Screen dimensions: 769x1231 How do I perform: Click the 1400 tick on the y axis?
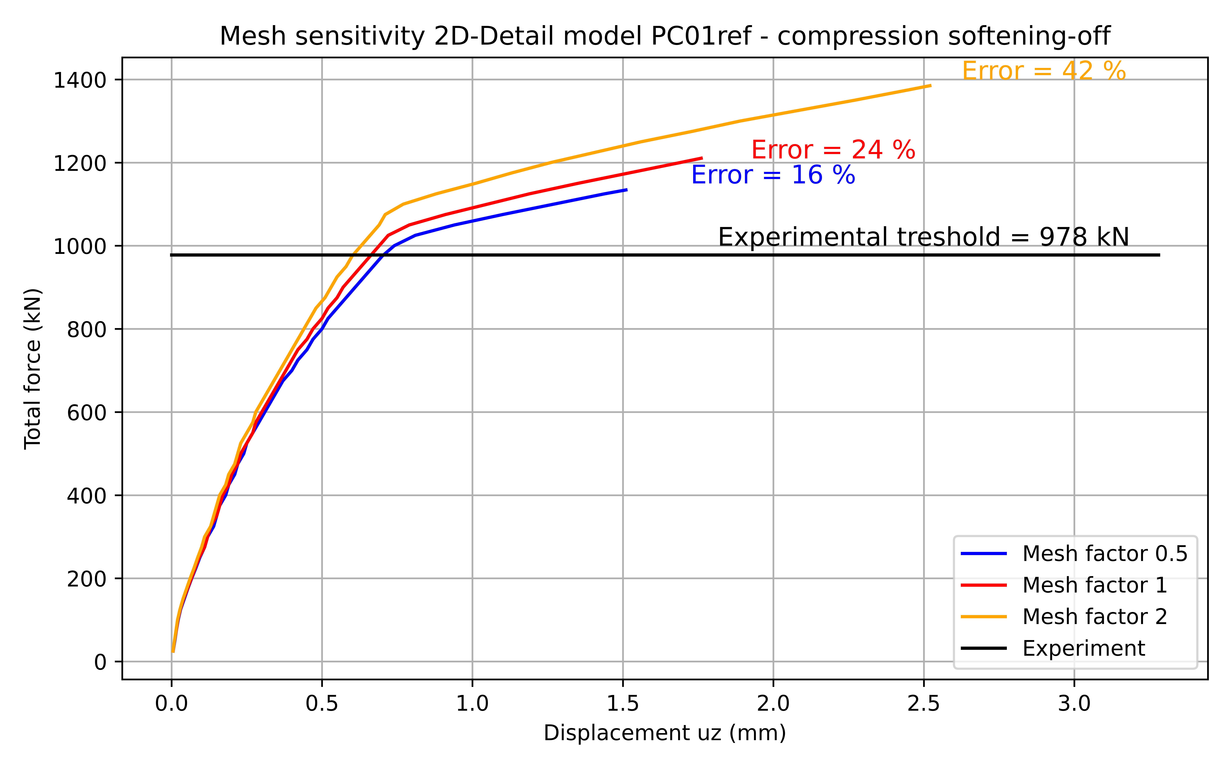point(80,80)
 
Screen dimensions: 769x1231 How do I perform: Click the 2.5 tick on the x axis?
point(924,704)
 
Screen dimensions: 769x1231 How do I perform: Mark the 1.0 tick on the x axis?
point(472,704)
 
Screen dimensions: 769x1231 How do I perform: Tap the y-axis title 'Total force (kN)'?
point(33,369)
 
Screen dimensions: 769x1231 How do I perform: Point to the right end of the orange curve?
point(930,85)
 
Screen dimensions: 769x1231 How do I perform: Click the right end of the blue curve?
point(627,190)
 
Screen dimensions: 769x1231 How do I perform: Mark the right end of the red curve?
point(702,158)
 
